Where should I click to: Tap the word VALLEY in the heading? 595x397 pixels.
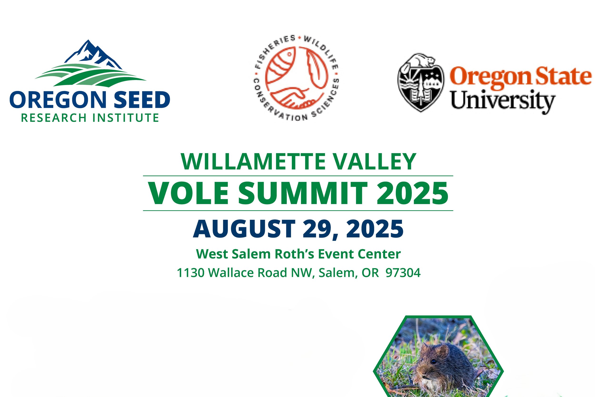click(x=374, y=161)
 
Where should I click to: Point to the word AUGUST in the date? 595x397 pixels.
click(x=244, y=229)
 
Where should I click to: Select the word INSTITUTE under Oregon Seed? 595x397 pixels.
click(x=125, y=118)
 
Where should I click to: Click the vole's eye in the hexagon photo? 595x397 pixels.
click(x=434, y=361)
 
